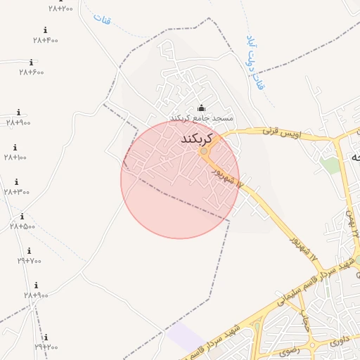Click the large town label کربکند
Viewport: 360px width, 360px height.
197,139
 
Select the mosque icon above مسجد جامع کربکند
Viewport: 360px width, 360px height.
202,108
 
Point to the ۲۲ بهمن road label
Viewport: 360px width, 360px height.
353,222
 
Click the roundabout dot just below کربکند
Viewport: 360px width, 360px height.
204,151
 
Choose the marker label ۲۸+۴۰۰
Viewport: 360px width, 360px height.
46,40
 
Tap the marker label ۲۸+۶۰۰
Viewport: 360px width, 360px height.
32,72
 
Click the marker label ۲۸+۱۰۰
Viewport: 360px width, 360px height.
15,157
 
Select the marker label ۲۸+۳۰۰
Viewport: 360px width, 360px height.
17,191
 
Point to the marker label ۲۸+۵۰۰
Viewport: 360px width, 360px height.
22,226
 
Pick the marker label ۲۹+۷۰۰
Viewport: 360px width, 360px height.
30,261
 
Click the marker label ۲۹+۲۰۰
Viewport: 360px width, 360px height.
46,347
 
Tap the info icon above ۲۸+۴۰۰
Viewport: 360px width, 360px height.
46,30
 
